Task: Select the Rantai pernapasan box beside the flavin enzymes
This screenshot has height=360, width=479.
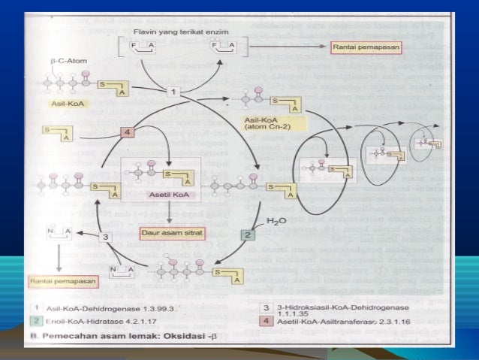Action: (x=366, y=47)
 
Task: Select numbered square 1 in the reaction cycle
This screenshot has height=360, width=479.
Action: (x=173, y=91)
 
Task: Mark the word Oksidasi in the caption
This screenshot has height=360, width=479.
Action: (x=200, y=336)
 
